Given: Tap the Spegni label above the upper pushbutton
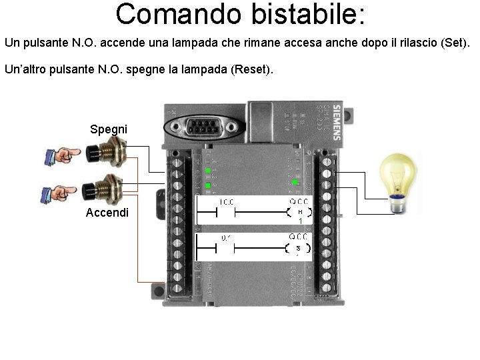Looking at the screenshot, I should (x=109, y=129).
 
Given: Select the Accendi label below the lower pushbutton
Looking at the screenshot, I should (x=107, y=213).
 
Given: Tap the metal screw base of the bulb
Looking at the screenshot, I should (x=398, y=205).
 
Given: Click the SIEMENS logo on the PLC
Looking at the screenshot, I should (x=337, y=121).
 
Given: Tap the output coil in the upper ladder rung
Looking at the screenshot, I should (x=299, y=213).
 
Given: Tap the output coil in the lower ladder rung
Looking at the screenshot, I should (x=299, y=249).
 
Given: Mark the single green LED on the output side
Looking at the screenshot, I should (x=294, y=181).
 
